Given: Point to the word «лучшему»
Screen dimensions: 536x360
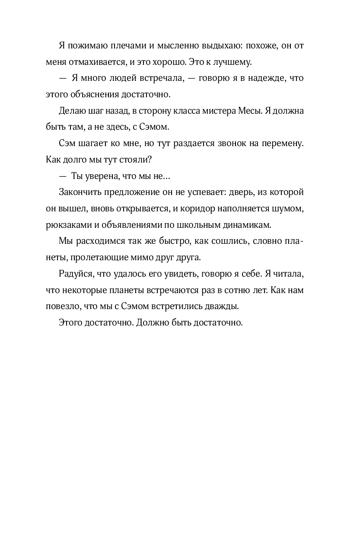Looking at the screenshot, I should [235, 62].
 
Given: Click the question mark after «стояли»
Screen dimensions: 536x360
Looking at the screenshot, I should [150, 159].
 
